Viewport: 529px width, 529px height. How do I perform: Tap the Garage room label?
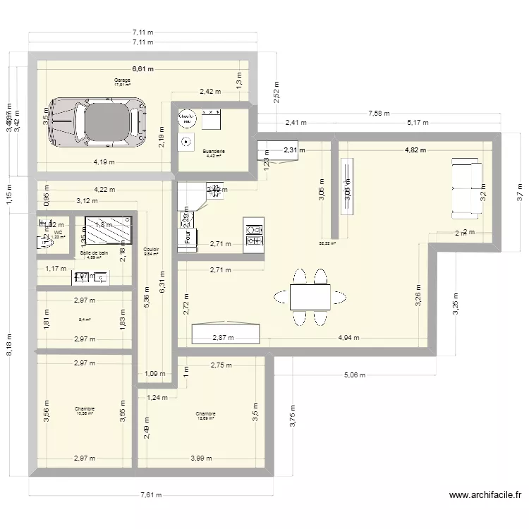[x=123, y=80]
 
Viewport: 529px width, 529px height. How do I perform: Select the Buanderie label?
[x=213, y=151]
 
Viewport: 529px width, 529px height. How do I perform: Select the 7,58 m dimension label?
[x=381, y=113]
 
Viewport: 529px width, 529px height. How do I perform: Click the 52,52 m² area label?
[x=329, y=243]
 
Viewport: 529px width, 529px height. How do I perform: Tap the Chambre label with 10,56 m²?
[x=85, y=411]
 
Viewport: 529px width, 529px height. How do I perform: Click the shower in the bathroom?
[x=108, y=229]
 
